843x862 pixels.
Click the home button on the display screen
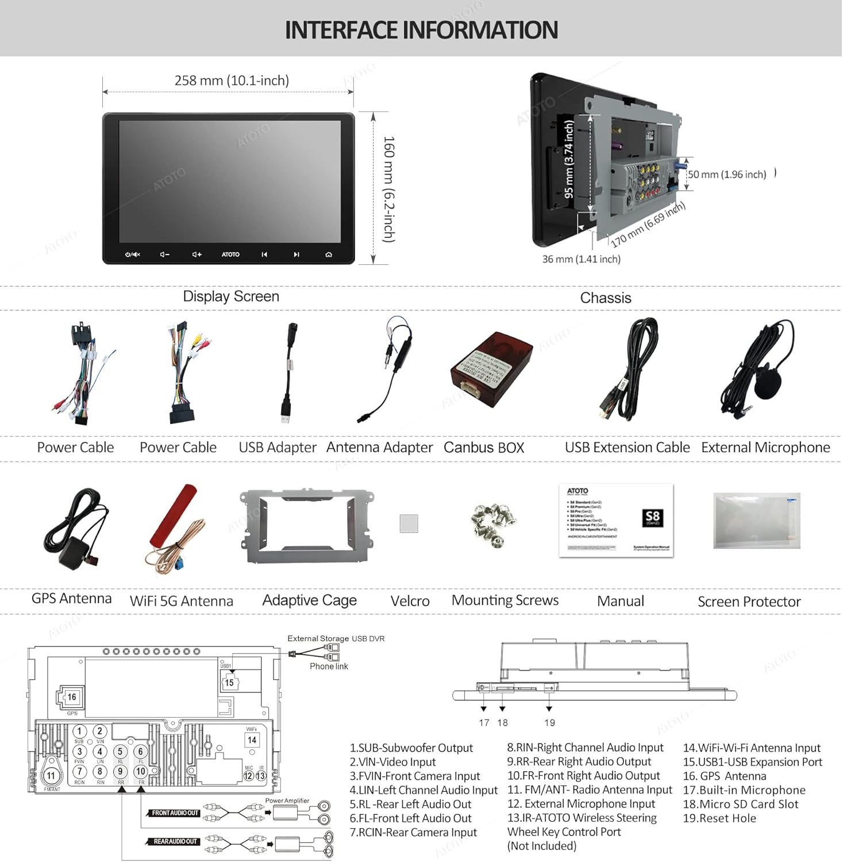329,255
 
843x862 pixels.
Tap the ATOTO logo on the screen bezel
230,255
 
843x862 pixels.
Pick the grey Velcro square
409,523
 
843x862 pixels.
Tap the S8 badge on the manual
652,517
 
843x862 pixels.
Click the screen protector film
756,521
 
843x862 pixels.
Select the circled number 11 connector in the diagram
51,775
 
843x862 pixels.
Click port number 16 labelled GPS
71,697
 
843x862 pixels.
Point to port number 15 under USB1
229,683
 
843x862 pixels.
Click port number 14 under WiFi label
252,740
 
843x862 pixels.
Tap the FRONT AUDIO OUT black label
175,813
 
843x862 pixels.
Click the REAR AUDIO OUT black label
175,842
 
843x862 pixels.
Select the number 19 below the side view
550,723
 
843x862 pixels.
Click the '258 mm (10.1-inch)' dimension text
232,80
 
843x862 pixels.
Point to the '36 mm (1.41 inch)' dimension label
581,259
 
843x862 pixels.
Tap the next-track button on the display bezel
297,255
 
